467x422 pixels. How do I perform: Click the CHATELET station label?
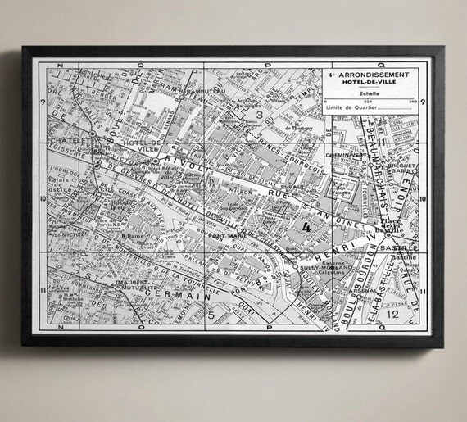coord(70,140)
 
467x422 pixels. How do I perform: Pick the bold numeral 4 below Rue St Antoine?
coord(306,226)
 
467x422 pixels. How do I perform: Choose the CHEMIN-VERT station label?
coord(345,155)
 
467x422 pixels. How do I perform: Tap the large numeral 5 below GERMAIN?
coord(211,314)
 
